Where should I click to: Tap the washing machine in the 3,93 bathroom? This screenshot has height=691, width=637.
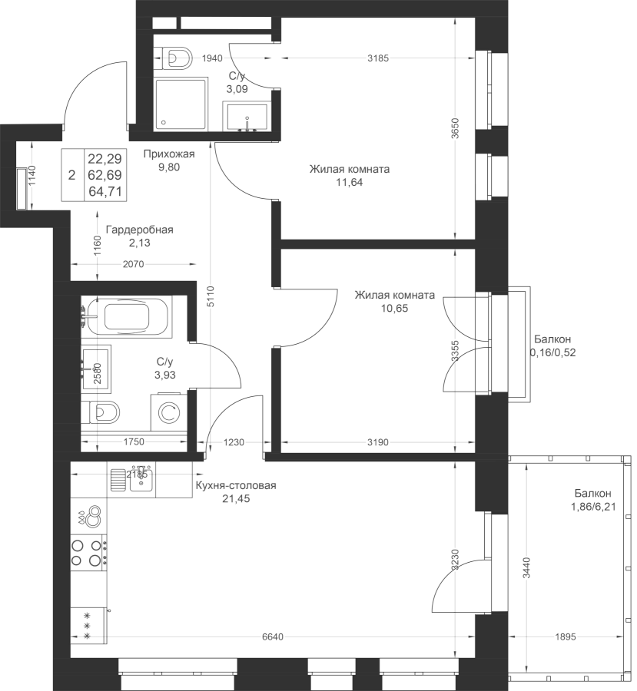click(168, 412)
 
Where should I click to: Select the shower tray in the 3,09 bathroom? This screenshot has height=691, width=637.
click(180, 104)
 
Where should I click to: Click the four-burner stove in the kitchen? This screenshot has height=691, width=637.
click(88, 553)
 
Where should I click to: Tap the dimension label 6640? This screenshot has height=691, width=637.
click(273, 636)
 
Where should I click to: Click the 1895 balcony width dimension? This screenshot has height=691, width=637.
click(565, 636)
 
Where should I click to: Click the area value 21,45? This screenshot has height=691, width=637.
click(236, 499)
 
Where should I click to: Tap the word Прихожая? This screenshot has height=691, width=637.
click(169, 154)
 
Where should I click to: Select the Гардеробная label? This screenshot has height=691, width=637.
click(139, 230)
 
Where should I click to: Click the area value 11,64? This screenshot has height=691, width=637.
click(350, 183)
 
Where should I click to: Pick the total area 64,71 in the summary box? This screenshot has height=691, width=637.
click(105, 192)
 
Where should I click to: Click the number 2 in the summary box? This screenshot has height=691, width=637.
click(72, 175)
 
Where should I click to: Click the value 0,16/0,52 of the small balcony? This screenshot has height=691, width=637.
click(552, 352)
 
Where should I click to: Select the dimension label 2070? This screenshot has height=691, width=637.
click(133, 264)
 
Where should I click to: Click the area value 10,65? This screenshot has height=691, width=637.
click(395, 309)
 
